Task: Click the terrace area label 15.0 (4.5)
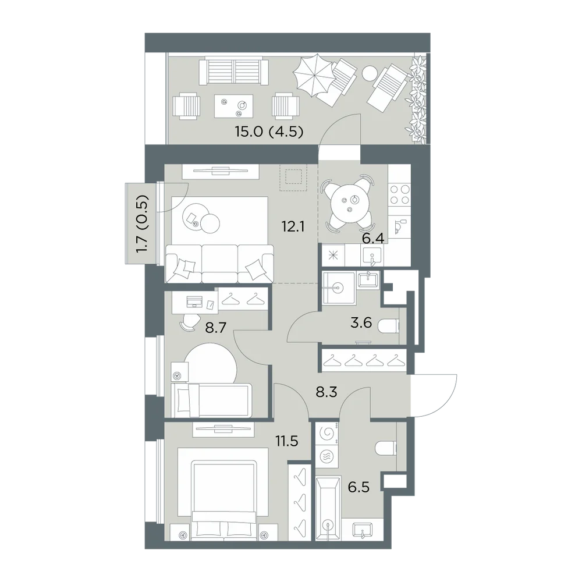pos(269,132)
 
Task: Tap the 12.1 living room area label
pos(293,226)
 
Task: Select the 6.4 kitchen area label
pos(372,238)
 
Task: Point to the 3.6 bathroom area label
pos(361,322)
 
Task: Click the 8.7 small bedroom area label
pos(216,328)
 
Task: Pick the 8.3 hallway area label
pos(327,392)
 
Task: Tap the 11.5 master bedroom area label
pos(287,441)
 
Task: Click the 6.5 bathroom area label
pos(359,487)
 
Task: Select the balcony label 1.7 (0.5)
pos(142,224)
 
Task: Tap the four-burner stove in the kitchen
pos(399,194)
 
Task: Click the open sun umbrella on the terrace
pos(314,74)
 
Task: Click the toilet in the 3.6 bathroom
pos(388,327)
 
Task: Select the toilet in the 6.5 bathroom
pos(386,448)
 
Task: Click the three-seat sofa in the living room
pos(219,264)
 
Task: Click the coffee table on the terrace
pos(234,105)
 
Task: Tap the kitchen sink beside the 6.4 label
pos(372,255)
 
